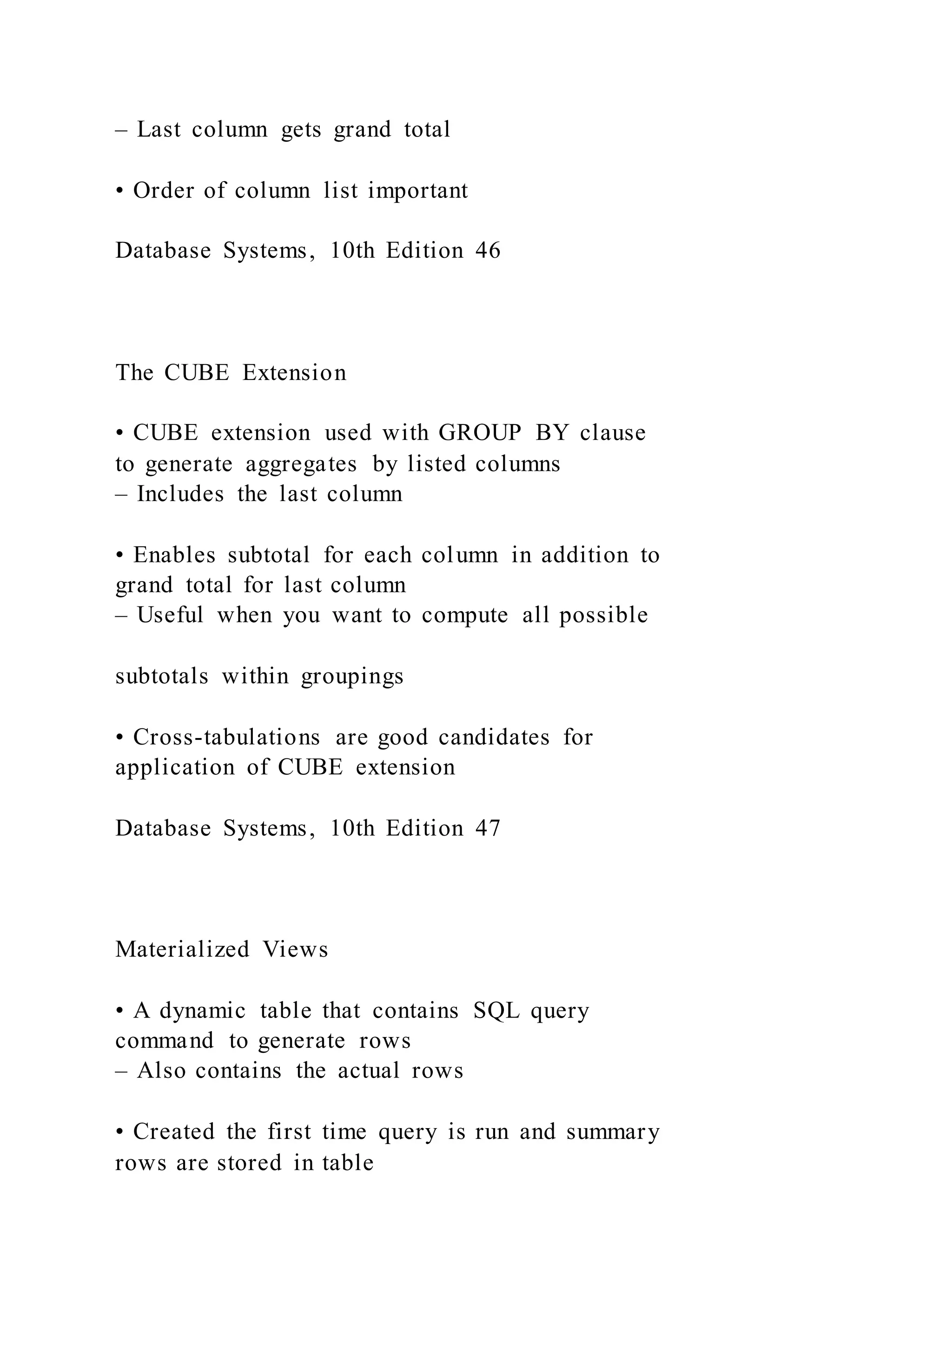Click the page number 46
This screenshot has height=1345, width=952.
488,251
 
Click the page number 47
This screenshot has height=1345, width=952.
488,829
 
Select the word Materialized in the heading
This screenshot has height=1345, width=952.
182,949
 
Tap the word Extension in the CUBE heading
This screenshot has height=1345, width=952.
294,372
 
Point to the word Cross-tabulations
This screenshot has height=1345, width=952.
226,737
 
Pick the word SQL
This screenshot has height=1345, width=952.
496,1011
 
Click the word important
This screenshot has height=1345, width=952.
418,190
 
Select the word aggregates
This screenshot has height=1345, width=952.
301,464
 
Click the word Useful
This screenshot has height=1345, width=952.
170,615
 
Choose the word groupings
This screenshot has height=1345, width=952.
352,677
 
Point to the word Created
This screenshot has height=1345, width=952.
173,1131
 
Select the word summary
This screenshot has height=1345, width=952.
613,1131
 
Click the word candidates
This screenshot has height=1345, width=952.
494,737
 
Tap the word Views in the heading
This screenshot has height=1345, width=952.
296,949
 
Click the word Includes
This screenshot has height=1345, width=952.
180,494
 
